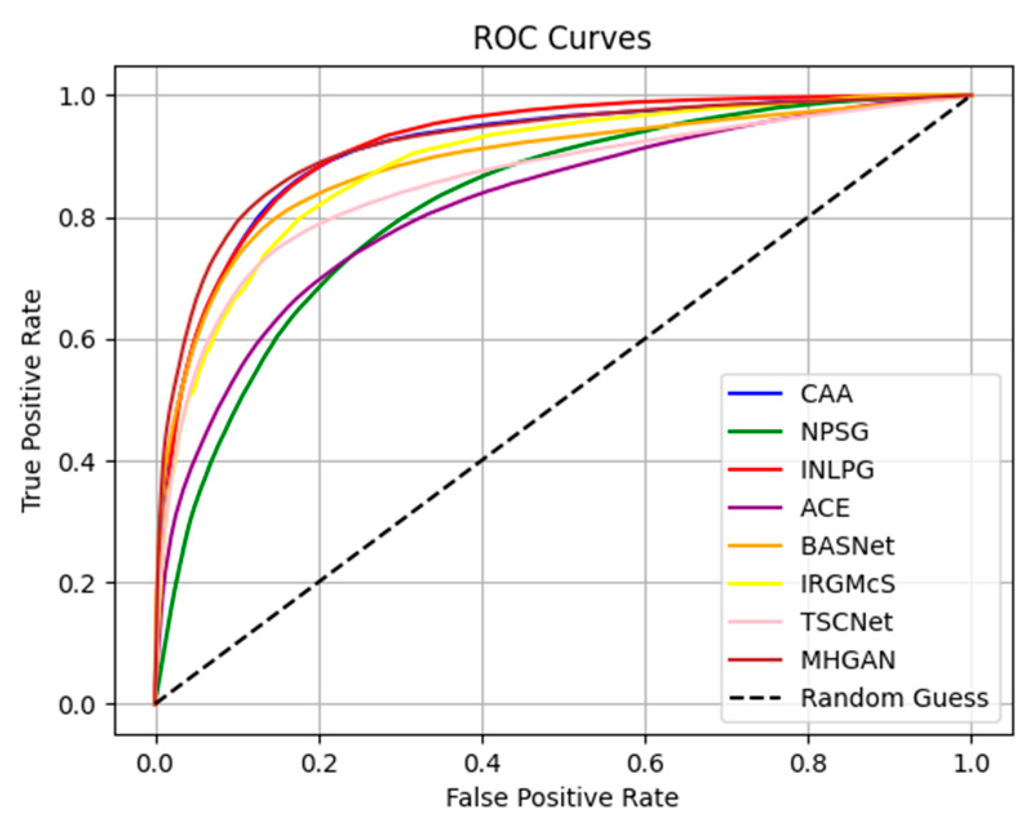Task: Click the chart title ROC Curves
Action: coord(562,38)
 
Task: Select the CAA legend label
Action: coord(826,394)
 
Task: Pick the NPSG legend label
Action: coord(834,432)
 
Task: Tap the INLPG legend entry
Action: coord(837,470)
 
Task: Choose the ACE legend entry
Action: coord(825,508)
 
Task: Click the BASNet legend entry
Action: coord(847,546)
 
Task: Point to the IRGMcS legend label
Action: coord(848,584)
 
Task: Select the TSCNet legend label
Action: coord(846,622)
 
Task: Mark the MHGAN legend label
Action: coord(848,660)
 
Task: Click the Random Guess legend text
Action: coord(894,698)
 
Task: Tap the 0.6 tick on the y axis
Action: coord(78,340)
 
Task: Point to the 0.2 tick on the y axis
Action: coord(78,583)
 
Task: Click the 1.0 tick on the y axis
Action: coord(78,96)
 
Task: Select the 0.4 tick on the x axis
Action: coord(482,764)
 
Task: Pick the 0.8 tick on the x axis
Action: coord(808,764)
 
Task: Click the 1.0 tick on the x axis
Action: coord(971,764)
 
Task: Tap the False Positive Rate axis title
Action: coord(562,798)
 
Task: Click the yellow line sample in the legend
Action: coord(755,584)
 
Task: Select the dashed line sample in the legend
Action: coord(755,699)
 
